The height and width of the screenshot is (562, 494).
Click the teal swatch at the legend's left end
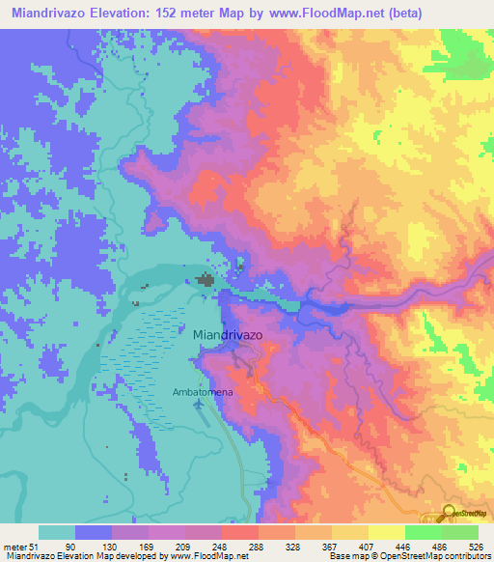click(x=56, y=532)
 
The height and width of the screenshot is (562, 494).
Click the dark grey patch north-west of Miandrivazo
click(x=206, y=281)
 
